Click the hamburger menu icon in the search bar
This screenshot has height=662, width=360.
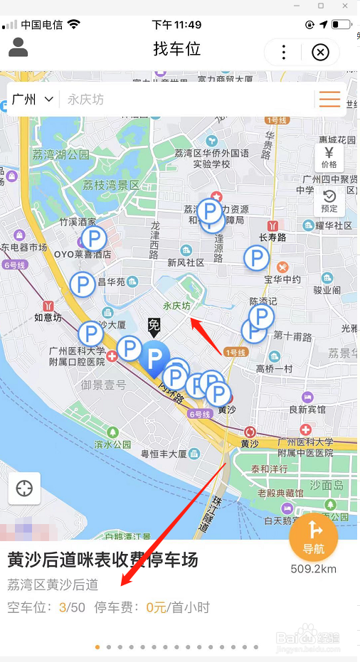click(x=329, y=100)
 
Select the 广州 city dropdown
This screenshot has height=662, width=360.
click(x=33, y=100)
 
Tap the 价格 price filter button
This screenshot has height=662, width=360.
click(x=329, y=157)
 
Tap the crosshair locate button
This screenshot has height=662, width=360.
click(x=24, y=489)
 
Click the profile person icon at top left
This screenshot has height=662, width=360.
click(x=18, y=48)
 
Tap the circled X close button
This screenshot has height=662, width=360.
click(x=321, y=52)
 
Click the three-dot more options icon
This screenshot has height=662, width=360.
click(x=283, y=52)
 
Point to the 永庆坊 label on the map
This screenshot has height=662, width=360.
click(x=177, y=306)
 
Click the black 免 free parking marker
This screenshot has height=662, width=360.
click(x=154, y=326)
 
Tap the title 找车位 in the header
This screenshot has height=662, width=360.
click(x=177, y=49)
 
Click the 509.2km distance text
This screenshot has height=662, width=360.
click(x=314, y=569)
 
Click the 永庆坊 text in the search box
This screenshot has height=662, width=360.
click(x=85, y=100)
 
